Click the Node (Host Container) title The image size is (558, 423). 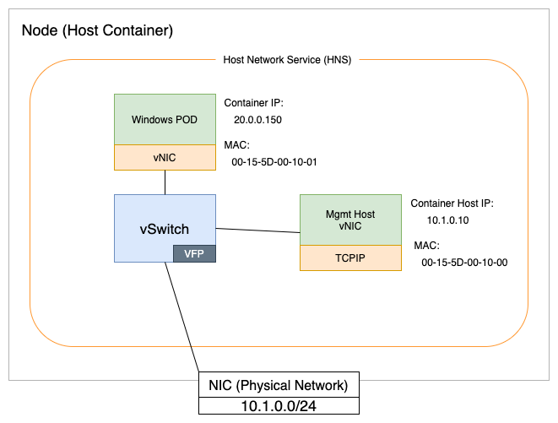(x=96, y=32)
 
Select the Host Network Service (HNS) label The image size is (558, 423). (x=287, y=60)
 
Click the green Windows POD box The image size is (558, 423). (x=165, y=119)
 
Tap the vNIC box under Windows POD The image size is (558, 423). (x=165, y=156)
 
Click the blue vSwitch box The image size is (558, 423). (x=164, y=228)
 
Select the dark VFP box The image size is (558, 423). (x=194, y=252)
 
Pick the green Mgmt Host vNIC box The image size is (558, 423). (x=349, y=220)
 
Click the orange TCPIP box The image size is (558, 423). (x=349, y=258)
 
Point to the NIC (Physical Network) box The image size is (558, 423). (x=278, y=385)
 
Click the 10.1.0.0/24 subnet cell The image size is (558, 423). (x=278, y=406)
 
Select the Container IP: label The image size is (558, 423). (x=252, y=103)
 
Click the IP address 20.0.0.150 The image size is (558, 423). (x=257, y=120)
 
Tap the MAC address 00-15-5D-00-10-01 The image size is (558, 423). (x=274, y=161)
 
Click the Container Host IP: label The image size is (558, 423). (x=452, y=203)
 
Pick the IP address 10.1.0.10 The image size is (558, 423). (x=448, y=220)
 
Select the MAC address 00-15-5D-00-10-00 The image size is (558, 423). (x=464, y=263)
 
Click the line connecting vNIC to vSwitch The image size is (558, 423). (x=165, y=182)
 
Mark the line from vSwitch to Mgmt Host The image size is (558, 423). (x=257, y=229)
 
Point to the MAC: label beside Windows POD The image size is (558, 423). (x=237, y=144)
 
